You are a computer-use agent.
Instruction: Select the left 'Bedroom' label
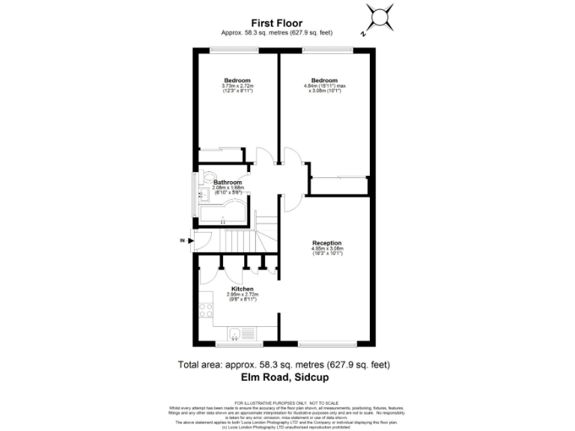point(237,80)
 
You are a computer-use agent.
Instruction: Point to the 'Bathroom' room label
point(228,183)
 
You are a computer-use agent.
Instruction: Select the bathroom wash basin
point(201,196)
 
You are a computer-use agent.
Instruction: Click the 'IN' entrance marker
point(182,240)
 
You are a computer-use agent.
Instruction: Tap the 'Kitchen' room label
point(242,289)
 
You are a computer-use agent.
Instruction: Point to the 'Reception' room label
point(326,243)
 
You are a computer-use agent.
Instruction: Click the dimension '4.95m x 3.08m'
point(326,248)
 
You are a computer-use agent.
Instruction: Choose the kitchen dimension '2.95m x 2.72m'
point(242,295)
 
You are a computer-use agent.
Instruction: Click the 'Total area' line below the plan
point(284,365)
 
